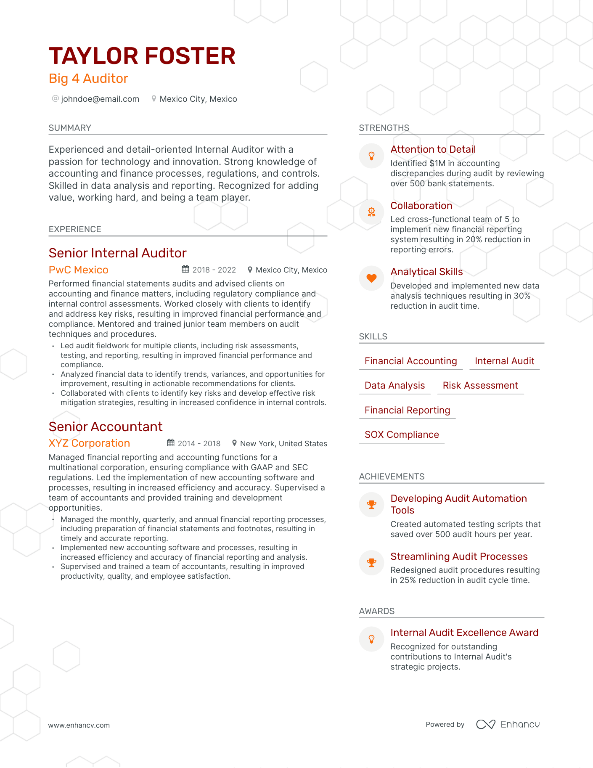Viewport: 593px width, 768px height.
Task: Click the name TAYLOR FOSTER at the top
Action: tap(142, 56)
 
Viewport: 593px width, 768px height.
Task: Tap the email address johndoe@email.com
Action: tap(100, 99)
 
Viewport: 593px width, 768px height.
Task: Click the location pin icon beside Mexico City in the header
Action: tap(154, 99)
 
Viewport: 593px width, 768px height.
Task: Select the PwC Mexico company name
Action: tap(79, 270)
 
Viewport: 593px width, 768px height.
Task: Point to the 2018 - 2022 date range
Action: tap(214, 270)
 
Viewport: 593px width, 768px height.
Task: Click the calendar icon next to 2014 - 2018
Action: tap(171, 443)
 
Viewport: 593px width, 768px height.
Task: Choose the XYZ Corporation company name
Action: tap(89, 443)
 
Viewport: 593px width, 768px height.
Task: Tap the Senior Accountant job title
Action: tap(106, 426)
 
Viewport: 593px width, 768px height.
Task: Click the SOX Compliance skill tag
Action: tap(402, 434)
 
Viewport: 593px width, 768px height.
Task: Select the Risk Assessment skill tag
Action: tap(480, 385)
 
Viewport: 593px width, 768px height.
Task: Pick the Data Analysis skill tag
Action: tap(394, 385)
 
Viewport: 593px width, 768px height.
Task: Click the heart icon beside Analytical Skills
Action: tap(371, 278)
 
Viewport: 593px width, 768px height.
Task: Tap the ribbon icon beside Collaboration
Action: tap(371, 212)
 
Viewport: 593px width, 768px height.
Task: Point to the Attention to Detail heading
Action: tap(433, 149)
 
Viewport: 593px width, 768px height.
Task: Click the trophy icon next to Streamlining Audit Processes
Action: tap(371, 563)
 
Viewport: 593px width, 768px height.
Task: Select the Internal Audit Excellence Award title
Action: tap(464, 633)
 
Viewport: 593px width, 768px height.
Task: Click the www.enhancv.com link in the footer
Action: tap(79, 725)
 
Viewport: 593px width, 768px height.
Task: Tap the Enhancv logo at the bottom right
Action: tap(508, 724)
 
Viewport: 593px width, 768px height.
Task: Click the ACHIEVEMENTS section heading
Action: tap(392, 477)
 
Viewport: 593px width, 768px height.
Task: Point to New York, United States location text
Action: tap(283, 443)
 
